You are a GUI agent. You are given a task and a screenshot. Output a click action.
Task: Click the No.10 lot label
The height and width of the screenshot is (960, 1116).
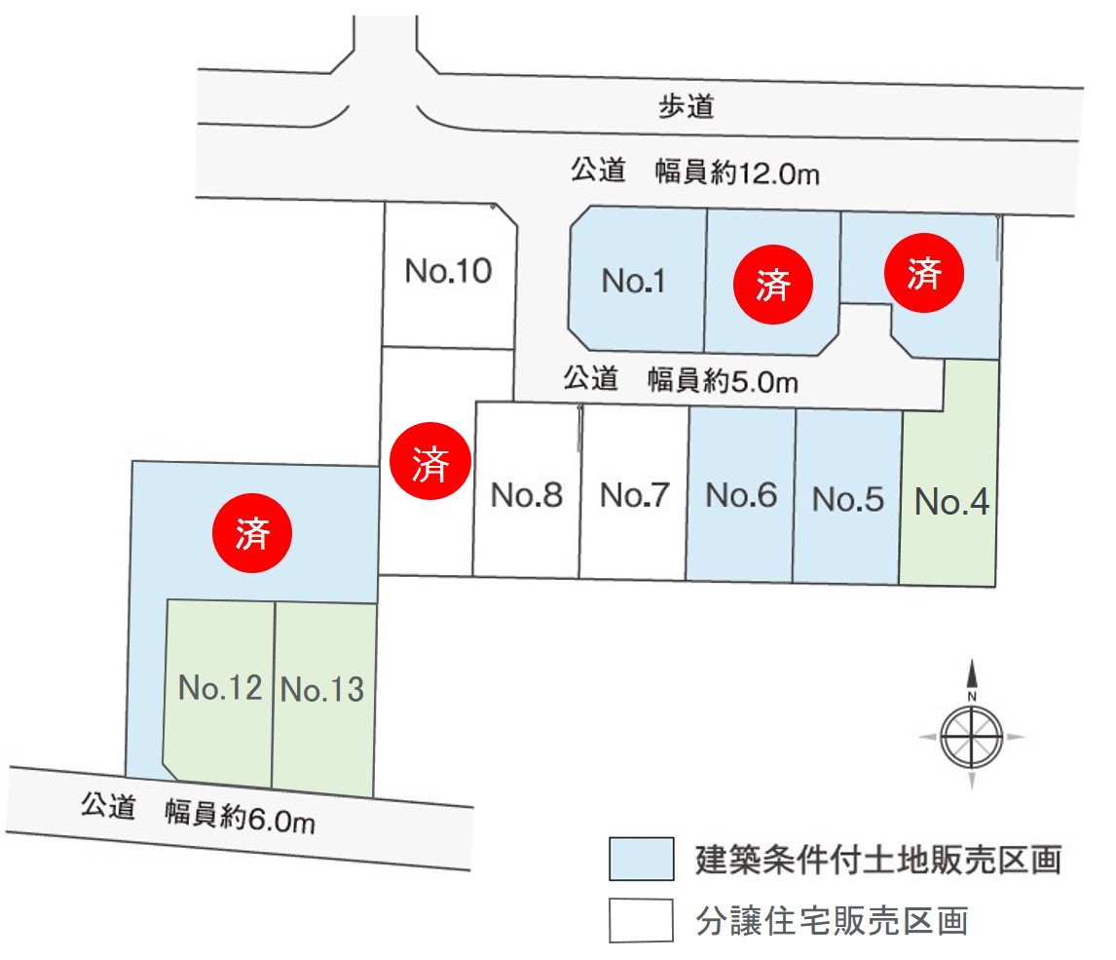pyautogui.click(x=448, y=271)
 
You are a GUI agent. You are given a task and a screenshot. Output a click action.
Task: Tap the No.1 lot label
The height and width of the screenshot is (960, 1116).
pyautogui.click(x=633, y=281)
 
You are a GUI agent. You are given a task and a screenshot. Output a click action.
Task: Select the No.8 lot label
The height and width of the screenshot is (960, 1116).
pyautogui.click(x=527, y=494)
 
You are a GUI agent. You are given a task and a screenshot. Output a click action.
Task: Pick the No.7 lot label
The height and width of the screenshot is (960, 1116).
pyautogui.click(x=634, y=495)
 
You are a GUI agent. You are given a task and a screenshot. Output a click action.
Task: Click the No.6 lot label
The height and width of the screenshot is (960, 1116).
pyautogui.click(x=741, y=495)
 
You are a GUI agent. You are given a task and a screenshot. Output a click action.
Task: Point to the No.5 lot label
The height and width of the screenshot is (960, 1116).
pyautogui.click(x=848, y=499)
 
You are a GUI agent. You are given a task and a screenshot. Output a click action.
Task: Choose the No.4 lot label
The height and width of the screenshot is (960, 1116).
pyautogui.click(x=951, y=501)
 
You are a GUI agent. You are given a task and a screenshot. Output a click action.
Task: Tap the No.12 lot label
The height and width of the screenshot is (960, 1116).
pyautogui.click(x=220, y=687)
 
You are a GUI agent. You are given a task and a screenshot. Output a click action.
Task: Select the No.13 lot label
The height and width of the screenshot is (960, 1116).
pyautogui.click(x=322, y=689)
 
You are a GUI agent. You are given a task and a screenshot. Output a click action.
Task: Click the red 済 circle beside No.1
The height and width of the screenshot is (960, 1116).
pyautogui.click(x=773, y=285)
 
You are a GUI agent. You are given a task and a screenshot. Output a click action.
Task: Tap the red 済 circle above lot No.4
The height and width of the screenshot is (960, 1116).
pyautogui.click(x=924, y=273)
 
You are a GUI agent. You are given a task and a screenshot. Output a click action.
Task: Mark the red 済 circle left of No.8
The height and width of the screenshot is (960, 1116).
pyautogui.click(x=429, y=461)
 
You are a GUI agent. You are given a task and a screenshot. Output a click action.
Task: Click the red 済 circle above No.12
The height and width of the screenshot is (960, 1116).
pyautogui.click(x=252, y=533)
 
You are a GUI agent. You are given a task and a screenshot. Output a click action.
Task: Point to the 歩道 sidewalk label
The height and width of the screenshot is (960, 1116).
pyautogui.click(x=686, y=106)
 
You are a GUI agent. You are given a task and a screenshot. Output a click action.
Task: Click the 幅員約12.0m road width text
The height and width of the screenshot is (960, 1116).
pyautogui.click(x=737, y=173)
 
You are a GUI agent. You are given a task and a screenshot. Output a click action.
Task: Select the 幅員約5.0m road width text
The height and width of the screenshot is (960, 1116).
pyautogui.click(x=724, y=381)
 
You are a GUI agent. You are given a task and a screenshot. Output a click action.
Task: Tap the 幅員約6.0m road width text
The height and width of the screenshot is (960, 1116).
pyautogui.click(x=240, y=816)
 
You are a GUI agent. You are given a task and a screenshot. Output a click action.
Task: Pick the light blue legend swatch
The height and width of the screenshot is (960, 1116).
pyautogui.click(x=642, y=859)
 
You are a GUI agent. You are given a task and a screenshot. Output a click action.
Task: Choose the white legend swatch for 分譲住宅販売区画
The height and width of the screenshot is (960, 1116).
pyautogui.click(x=642, y=920)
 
